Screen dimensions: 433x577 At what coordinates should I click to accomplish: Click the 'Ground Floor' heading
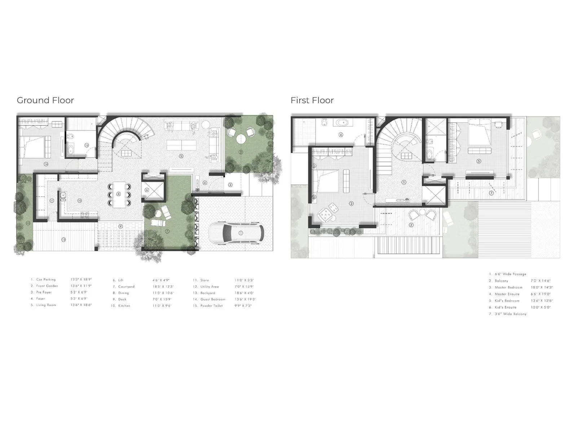pyautogui.click(x=45, y=100)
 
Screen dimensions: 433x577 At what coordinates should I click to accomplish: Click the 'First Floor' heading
pyautogui.click(x=312, y=100)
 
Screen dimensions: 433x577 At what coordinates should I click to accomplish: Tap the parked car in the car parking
pyautogui.click(x=237, y=233)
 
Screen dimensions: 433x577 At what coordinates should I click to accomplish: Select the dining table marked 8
pyautogui.click(x=119, y=194)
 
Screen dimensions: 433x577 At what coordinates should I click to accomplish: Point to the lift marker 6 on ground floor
pyautogui.click(x=147, y=190)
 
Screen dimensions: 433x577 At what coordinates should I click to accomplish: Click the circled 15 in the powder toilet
pyautogui.click(x=87, y=145)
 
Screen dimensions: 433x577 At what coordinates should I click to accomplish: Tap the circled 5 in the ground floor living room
pyautogui.click(x=181, y=156)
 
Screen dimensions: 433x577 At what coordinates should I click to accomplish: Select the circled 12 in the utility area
pyautogui.click(x=63, y=240)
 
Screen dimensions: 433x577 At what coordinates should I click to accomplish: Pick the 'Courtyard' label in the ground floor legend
pyautogui.click(x=126, y=287)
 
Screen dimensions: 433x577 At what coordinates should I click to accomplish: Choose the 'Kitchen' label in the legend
pyautogui.click(x=124, y=306)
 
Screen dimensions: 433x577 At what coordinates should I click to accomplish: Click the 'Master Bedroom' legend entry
pyautogui.click(x=508, y=288)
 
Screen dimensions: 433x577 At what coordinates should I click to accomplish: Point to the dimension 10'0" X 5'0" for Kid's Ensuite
pyautogui.click(x=541, y=307)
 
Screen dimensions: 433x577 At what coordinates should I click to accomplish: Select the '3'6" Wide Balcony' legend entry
pyautogui.click(x=511, y=314)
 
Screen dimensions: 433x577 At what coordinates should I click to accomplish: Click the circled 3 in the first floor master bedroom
pyautogui.click(x=352, y=204)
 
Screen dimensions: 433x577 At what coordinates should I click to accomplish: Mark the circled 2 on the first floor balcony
pyautogui.click(x=411, y=225)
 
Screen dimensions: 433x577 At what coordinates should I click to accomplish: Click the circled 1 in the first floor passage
pyautogui.click(x=404, y=183)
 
